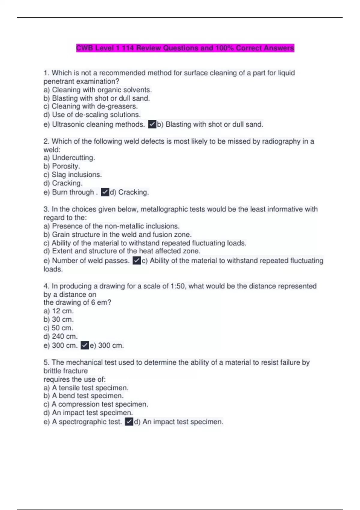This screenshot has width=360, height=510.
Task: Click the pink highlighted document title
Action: pyautogui.click(x=185, y=48)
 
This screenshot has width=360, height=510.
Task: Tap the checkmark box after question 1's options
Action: pyautogui.click(x=152, y=124)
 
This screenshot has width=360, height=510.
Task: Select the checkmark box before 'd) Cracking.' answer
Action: pyautogui.click(x=105, y=192)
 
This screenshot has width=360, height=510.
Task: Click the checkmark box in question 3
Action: pyautogui.click(x=137, y=261)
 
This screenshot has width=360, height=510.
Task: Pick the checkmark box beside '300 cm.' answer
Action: pyautogui.click(x=85, y=345)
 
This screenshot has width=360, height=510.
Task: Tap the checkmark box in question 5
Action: pyautogui.click(x=129, y=422)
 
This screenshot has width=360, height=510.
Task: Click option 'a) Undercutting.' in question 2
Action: pyautogui.click(x=69, y=158)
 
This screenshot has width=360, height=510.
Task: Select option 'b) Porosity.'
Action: pyautogui.click(x=62, y=166)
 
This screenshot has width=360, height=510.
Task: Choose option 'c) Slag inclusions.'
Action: pyautogui.click(x=73, y=175)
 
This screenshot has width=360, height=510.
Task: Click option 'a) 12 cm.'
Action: pyautogui.click(x=58, y=311)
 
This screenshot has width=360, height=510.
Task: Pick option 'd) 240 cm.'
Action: pyautogui.click(x=61, y=336)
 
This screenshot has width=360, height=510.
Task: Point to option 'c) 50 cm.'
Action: pyautogui.click(x=58, y=328)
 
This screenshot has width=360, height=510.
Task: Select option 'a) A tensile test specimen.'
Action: pyautogui.click(x=86, y=388)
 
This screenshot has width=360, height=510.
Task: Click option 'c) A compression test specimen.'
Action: pyautogui.click(x=96, y=404)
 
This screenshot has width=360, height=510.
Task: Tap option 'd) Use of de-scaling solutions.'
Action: pyautogui.click(x=92, y=115)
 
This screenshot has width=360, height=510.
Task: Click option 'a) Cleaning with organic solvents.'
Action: pyautogui.click(x=98, y=90)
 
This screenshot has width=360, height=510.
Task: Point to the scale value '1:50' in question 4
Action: pyautogui.click(x=178, y=286)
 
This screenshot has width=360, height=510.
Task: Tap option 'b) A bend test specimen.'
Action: pyautogui.click(x=84, y=396)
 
